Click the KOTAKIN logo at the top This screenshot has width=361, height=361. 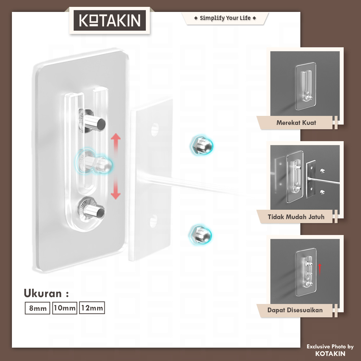point(110,20)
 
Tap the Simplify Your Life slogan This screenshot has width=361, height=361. point(225,18)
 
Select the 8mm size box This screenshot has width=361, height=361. point(38,308)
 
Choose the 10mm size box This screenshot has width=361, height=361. point(65,308)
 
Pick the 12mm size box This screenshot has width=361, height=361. point(92,308)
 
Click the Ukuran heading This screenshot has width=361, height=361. point(46,293)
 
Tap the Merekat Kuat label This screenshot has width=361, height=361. point(296,123)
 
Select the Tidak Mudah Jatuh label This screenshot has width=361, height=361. point(296,217)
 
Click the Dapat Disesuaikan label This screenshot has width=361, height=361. point(295,310)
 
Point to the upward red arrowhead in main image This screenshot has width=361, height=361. point(116,136)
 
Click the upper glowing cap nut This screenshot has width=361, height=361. point(202,145)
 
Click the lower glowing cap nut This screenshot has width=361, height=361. point(200,235)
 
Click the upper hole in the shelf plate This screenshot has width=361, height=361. point(155,129)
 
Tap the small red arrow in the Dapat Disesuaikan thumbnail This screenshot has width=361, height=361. point(319,269)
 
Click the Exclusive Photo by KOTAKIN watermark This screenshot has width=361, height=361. point(330,350)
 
